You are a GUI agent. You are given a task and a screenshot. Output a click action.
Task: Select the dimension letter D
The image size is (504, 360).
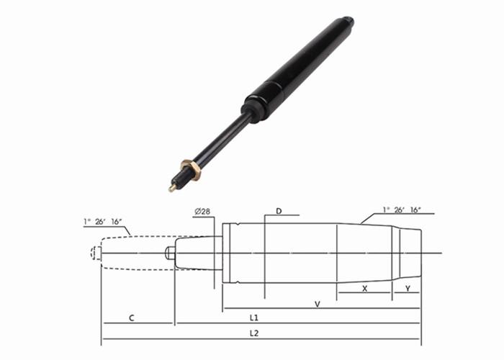point(279,211)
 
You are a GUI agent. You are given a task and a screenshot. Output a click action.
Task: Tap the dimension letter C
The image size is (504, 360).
point(131,317)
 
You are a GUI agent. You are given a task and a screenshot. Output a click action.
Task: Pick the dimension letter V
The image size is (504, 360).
point(317,304)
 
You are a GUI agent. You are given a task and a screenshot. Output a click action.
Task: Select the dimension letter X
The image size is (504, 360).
point(364,288)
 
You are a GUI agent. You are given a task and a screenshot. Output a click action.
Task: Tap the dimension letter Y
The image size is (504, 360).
point(408,288)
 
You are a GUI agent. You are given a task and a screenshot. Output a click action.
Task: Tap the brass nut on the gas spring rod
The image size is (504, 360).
point(191,171)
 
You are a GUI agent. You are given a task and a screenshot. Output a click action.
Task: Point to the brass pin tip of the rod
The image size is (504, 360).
point(172,189)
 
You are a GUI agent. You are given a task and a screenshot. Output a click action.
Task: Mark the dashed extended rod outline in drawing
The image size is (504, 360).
point(137,253)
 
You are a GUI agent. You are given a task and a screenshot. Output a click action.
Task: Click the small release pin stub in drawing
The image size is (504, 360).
point(169,253)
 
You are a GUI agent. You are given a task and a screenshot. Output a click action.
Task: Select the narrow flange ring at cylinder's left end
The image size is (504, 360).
point(226,253)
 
